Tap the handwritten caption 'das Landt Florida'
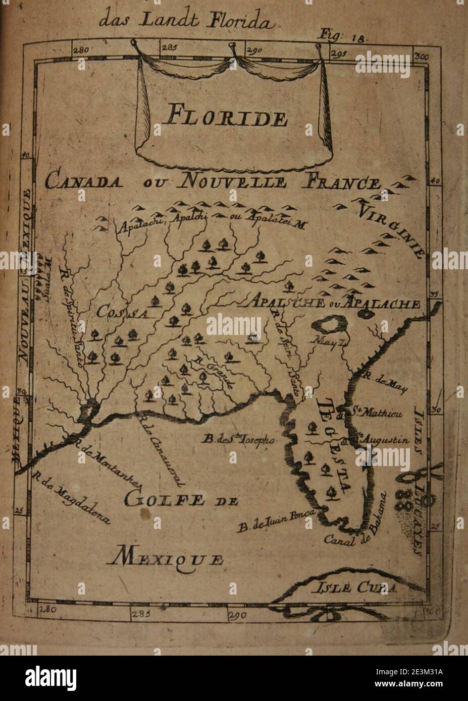pos(186,21)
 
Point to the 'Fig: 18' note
pos(345,36)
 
